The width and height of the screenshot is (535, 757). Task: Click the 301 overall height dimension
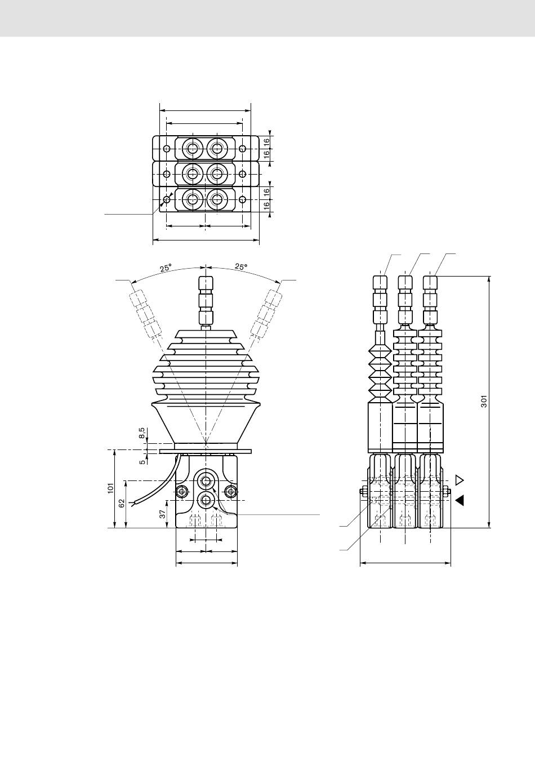coord(484,401)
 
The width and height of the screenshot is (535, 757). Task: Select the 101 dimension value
coord(111,488)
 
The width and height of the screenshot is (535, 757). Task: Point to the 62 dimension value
coord(122,503)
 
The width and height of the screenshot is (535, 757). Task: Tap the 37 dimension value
coord(163,514)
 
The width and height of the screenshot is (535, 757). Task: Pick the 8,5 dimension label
coord(142,433)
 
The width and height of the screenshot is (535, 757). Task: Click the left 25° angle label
coord(166,268)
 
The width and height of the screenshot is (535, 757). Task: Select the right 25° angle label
coord(241,266)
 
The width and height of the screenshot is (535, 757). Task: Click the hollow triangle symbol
coord(460,480)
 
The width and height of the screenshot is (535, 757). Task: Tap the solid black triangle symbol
coord(460,501)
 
